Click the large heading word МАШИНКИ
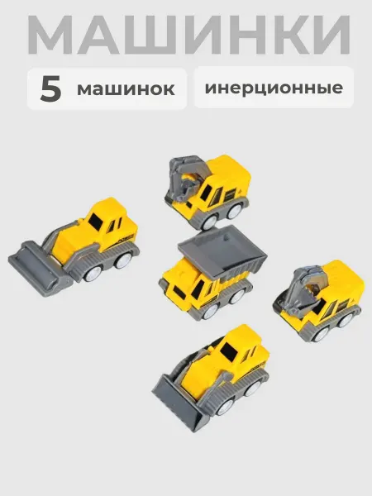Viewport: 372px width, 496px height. pyautogui.click(x=188, y=35)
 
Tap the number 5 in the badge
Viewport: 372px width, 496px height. pyautogui.click(x=50, y=89)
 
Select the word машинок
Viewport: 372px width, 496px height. pyautogui.click(x=126, y=89)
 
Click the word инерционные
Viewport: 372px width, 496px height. pyautogui.click(x=274, y=88)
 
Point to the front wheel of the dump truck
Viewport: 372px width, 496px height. pyautogui.click(x=210, y=311)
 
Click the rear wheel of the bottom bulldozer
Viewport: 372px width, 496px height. pyautogui.click(x=253, y=389)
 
